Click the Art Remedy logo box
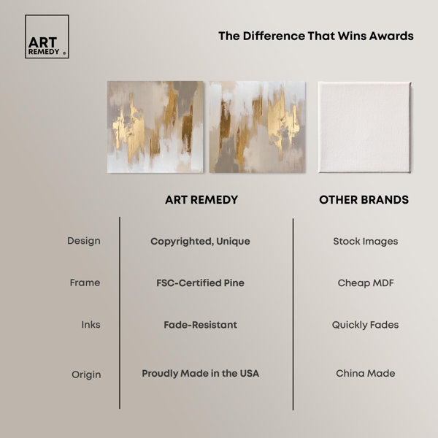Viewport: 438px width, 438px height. coord(47,36)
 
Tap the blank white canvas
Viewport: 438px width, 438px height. coord(364,127)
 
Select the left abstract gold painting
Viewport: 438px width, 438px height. coord(155,127)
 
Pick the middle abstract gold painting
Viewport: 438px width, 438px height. coord(257,127)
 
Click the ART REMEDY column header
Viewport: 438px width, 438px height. coord(201,200)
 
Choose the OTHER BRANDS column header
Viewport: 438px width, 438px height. coord(364,200)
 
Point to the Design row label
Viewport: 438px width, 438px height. coord(84,241)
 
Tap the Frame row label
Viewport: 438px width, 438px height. coord(85,283)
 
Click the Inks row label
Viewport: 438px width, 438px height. coord(91,325)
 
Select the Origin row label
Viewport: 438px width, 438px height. coord(86,374)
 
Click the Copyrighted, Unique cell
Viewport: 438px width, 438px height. coord(200,242)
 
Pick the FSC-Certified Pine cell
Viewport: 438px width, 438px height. coord(200,283)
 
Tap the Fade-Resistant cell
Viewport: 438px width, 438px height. coord(200,325)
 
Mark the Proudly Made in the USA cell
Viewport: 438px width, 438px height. coord(200,374)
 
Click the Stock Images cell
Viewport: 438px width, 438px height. coord(366,242)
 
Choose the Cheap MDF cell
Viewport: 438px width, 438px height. coord(366,283)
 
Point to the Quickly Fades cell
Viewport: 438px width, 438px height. coord(366,325)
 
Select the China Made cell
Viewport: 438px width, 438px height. coord(366,374)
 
